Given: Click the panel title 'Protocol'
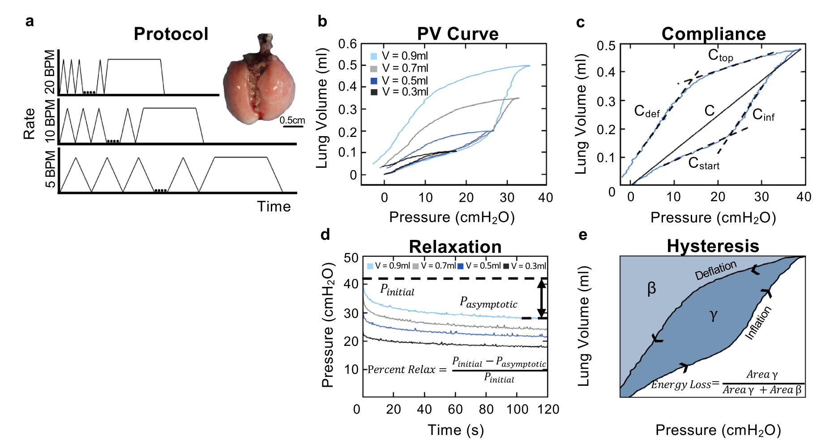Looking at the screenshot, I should coord(171,34).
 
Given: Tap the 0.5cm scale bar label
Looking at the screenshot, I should coord(292,120).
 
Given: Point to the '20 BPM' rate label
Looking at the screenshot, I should coord(50,72).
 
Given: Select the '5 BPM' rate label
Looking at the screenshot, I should coord(50,169).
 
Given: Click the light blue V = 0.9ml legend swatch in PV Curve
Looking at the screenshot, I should coord(374,56).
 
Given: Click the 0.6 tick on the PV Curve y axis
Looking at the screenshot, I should coord(347,44).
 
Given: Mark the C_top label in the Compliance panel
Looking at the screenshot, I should coord(720,55).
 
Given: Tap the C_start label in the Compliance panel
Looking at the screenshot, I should coord(703,163).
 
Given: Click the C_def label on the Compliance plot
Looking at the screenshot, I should coord(647,111).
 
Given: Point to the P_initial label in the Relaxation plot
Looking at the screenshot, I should coord(397,290).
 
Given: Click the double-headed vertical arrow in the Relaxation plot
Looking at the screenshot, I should coord(542,298).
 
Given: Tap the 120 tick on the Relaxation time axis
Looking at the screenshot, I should coord(548,409).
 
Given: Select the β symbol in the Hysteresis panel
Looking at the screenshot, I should coord(652,289).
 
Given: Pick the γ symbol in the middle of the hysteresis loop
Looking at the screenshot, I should coord(714,315).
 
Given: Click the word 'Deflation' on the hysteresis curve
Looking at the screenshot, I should coord(715,270).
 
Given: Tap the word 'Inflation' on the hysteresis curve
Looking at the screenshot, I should coord(758,323).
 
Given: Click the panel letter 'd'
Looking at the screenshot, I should coord(325,235).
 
